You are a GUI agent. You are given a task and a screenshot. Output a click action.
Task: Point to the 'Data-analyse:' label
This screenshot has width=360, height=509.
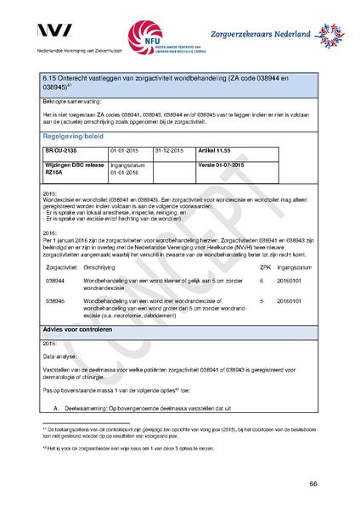pyautogui.click(x=61, y=359)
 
